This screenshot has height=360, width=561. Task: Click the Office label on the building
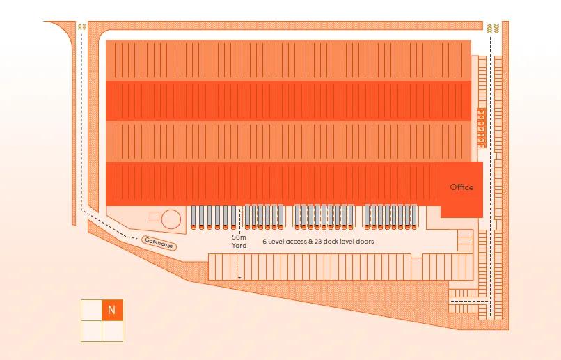tap(461, 187)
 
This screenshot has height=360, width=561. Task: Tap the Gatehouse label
tap(158, 243)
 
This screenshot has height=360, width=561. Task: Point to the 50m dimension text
tap(239, 237)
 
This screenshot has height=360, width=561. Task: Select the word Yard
tap(239, 246)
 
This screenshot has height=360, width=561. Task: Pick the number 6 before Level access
tap(264, 242)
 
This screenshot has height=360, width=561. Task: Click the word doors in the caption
tap(365, 242)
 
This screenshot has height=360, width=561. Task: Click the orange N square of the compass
tap(112, 310)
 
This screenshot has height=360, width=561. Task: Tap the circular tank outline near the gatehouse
tap(171, 220)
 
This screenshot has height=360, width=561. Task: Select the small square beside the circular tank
tap(155, 217)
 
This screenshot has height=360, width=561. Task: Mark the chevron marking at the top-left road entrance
tap(83, 27)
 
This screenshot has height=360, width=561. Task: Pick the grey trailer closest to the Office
tap(416, 217)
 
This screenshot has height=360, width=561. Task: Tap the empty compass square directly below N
tap(112, 331)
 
